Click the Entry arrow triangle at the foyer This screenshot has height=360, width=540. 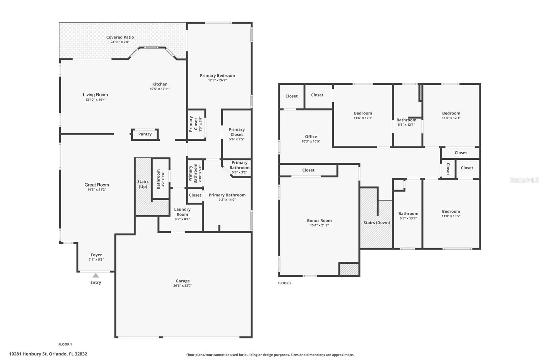tap(96, 276)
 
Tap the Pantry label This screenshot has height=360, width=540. tap(145, 134)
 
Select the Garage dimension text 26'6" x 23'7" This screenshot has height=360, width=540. tap(183, 286)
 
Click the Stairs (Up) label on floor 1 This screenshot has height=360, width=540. tap(143, 184)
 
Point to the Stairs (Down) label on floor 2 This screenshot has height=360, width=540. tap(377, 223)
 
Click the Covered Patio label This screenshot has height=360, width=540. tap(120, 37)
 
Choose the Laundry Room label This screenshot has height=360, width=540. tap(182, 212)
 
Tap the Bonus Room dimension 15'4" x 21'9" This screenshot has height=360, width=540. tap(319, 225)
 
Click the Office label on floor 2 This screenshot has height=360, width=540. tap(311, 137)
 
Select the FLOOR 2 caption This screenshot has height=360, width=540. tap(284, 283)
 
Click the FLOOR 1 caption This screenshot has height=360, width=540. tap(65, 344)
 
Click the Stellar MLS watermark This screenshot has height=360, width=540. tap(524, 180)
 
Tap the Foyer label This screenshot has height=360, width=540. tap(96, 255)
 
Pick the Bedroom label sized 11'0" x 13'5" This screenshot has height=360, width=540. tap(451, 211)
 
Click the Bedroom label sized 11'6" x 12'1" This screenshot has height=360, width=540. tap(363, 113)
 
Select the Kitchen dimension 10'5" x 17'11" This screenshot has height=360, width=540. tap(160, 89)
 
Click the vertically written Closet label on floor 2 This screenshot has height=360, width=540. tap(448, 169)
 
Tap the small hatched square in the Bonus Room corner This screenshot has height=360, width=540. tap(349, 269)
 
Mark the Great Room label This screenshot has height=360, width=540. tap(97, 185)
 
